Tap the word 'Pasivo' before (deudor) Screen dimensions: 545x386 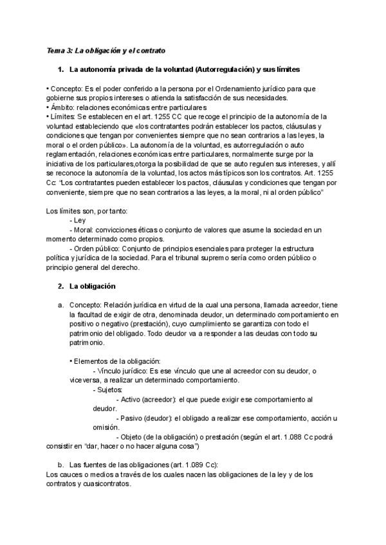tap(131, 418)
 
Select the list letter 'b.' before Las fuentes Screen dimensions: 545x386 tap(60, 465)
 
